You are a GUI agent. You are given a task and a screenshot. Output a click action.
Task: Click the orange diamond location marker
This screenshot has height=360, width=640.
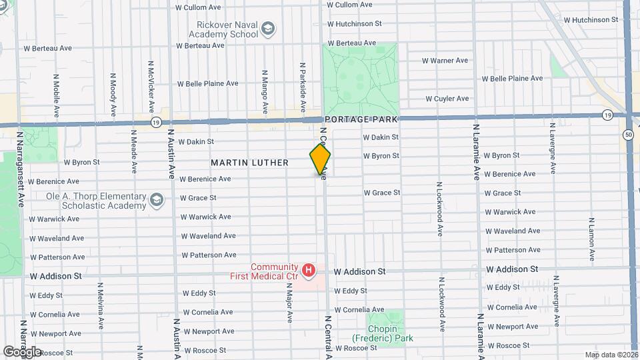[x=320, y=159]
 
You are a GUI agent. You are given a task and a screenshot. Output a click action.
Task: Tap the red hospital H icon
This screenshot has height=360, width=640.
[x=308, y=270]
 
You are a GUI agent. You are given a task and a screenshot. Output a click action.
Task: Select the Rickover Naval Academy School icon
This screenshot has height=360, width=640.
[x=267, y=29]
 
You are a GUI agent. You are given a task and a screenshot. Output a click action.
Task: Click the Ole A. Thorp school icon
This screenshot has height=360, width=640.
[x=156, y=200]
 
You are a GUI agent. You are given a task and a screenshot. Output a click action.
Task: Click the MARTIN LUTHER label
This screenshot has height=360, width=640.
[x=249, y=163]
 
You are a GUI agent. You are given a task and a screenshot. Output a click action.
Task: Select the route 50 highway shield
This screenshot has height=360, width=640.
[x=629, y=135]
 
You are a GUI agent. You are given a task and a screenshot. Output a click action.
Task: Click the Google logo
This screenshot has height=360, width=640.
[x=22, y=352]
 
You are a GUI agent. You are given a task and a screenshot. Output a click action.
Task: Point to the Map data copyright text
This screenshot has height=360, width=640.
[x=611, y=355]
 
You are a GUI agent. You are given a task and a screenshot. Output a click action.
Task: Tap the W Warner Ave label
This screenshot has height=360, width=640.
[x=445, y=61]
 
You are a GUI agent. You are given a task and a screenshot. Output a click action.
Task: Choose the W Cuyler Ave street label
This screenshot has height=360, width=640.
[x=447, y=99]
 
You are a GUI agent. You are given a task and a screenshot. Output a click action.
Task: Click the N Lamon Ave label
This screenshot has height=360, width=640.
[x=591, y=238]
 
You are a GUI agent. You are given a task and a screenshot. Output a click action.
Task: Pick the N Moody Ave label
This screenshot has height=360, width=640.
[x=113, y=93]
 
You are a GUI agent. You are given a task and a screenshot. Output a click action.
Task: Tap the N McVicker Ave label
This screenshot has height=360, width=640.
[x=151, y=87]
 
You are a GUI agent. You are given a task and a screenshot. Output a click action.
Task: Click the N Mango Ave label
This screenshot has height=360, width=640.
[x=265, y=89]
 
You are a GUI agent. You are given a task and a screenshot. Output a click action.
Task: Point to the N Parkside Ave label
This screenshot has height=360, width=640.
[x=302, y=87]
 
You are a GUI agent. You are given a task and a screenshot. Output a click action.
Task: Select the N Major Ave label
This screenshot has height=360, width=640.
[x=290, y=302]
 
